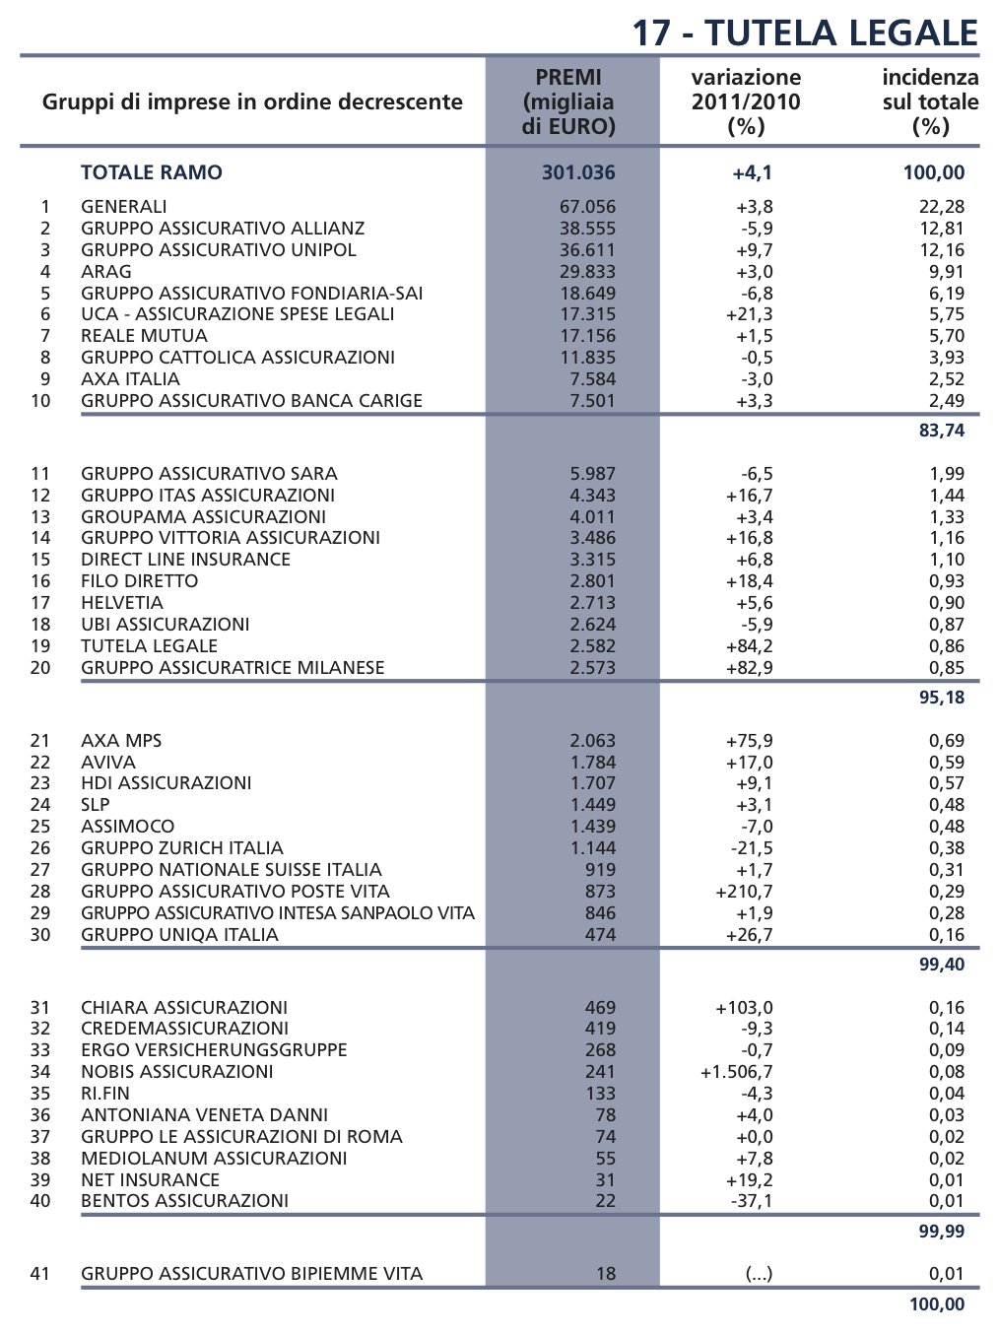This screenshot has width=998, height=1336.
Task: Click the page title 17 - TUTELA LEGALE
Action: pyautogui.click(x=804, y=33)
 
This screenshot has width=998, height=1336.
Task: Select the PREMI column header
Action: pyautogui.click(x=568, y=101)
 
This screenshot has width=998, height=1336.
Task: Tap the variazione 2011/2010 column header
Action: pyautogui.click(x=746, y=101)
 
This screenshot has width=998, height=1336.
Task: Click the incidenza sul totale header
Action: pyautogui.click(x=929, y=101)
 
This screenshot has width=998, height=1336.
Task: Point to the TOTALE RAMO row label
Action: pyautogui.click(x=152, y=172)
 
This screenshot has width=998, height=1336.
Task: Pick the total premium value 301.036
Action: pyautogui.click(x=578, y=172)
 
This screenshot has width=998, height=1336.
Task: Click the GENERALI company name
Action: pyautogui.click(x=124, y=207)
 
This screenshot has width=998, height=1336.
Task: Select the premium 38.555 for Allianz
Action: pyautogui.click(x=587, y=229)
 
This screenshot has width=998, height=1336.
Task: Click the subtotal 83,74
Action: pyautogui.click(x=942, y=431)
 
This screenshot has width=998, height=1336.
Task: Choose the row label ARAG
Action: pyautogui.click(x=106, y=272)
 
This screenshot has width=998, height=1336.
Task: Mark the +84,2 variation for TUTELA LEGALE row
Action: pyautogui.click(x=749, y=646)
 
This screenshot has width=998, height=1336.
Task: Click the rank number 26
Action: pyautogui.click(x=40, y=848)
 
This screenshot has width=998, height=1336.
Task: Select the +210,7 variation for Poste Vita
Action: pyautogui.click(x=744, y=892)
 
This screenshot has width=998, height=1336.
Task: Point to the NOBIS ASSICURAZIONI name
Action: pyautogui.click(x=177, y=1072)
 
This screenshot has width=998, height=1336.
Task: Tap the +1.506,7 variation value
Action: pyautogui.click(x=736, y=1072)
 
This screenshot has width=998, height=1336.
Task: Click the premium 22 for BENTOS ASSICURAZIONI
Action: pyautogui.click(x=605, y=1201)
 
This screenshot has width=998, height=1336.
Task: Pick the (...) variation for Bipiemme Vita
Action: pyautogui.click(x=759, y=1274)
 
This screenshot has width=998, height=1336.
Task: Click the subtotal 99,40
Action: pyautogui.click(x=942, y=965)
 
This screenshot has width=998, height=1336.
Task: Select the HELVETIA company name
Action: pyautogui.click(x=122, y=603)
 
